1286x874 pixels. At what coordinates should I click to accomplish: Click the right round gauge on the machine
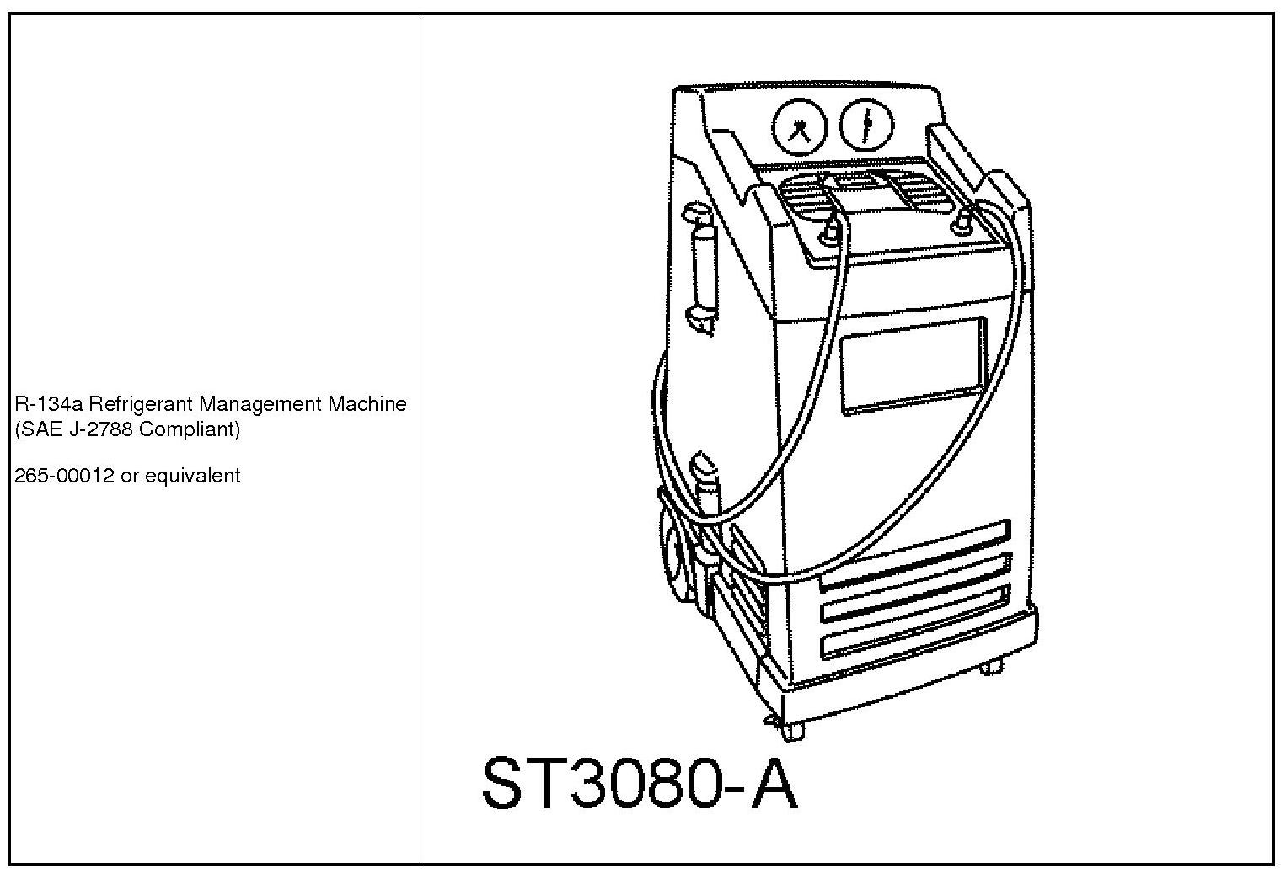(x=868, y=125)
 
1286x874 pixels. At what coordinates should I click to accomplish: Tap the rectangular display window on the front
(x=914, y=364)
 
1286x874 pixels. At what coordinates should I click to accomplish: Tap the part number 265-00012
(x=64, y=476)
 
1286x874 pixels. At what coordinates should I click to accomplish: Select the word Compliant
(x=190, y=429)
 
